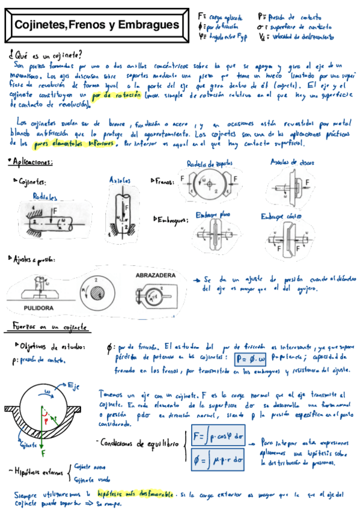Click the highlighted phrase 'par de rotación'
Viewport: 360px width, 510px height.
click(117, 96)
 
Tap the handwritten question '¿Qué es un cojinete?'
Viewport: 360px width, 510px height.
click(46, 53)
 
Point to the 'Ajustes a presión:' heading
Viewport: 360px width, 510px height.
click(33, 259)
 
